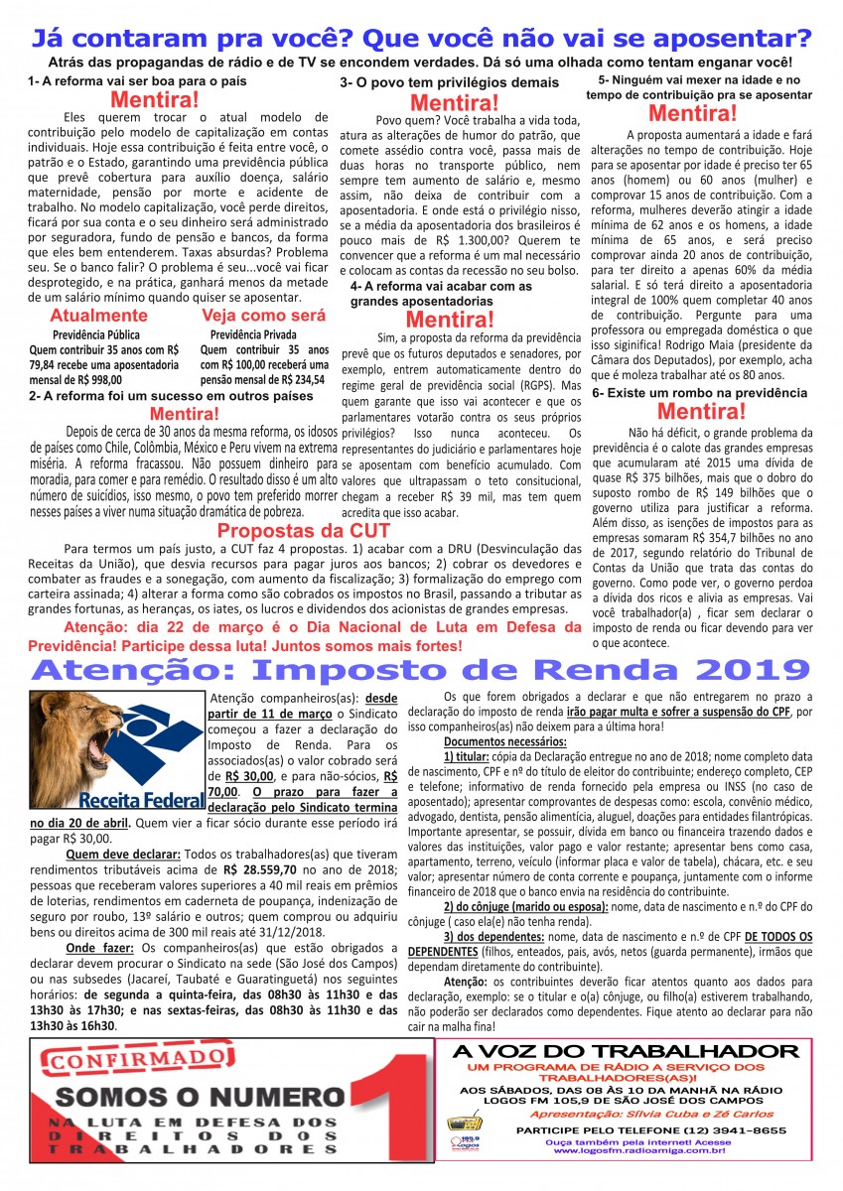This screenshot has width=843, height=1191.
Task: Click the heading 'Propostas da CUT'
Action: coord(304,530)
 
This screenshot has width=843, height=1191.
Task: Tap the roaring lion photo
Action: coord(71,734)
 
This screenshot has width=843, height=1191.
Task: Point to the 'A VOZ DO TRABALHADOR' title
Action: coord(625,1051)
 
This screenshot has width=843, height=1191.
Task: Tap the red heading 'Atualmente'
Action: coord(84,316)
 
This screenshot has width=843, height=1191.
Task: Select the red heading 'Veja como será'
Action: coord(263,316)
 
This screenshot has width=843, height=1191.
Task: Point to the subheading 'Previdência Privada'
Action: coord(253,334)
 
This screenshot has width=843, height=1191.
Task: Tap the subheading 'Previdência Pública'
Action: coord(96,334)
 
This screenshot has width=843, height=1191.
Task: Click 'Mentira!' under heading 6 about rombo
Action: coord(701,412)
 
